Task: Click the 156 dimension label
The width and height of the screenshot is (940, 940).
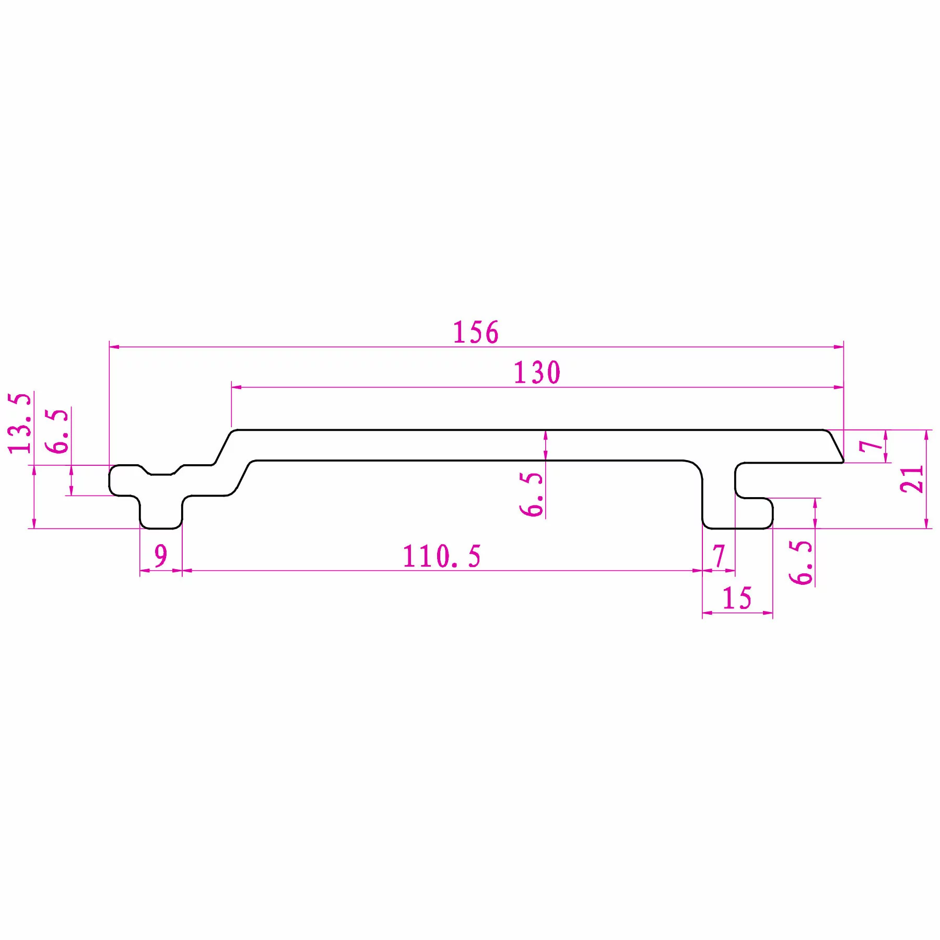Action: [x=476, y=332]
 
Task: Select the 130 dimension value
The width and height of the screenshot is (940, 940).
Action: [x=537, y=373]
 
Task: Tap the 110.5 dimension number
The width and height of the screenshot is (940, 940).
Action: [x=442, y=556]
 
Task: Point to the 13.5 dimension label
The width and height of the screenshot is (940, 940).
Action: [x=20, y=423]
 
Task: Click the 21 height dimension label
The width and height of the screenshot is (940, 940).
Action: [x=912, y=479]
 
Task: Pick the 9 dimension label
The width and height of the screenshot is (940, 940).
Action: [x=161, y=556]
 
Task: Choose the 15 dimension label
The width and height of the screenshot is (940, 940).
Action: [x=737, y=598]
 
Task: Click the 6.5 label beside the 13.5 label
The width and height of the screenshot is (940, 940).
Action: [x=57, y=431]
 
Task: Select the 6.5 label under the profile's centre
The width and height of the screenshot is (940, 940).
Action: [x=532, y=494]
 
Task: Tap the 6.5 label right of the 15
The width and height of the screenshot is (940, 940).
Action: [x=801, y=562]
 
